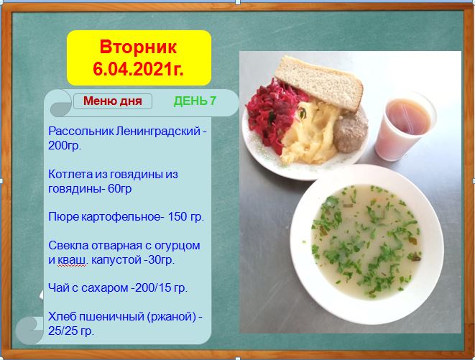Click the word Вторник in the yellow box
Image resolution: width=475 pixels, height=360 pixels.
(138, 47)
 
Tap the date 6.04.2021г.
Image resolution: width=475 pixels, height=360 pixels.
(138, 69)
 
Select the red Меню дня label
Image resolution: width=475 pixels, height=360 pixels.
(113, 101)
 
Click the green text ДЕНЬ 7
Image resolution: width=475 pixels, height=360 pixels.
(195, 101)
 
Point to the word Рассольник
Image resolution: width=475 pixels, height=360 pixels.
(81, 131)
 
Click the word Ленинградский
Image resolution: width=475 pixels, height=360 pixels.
(158, 131)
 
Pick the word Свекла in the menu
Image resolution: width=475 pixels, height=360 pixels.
(68, 245)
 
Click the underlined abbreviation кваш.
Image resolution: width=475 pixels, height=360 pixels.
(71, 260)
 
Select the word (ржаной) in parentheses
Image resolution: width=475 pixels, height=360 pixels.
(172, 316)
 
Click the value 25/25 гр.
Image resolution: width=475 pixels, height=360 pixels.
(71, 331)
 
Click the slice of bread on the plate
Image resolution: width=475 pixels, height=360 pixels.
(318, 83)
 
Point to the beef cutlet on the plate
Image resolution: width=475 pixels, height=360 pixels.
(351, 131)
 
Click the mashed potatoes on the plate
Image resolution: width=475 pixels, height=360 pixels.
(310, 134)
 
